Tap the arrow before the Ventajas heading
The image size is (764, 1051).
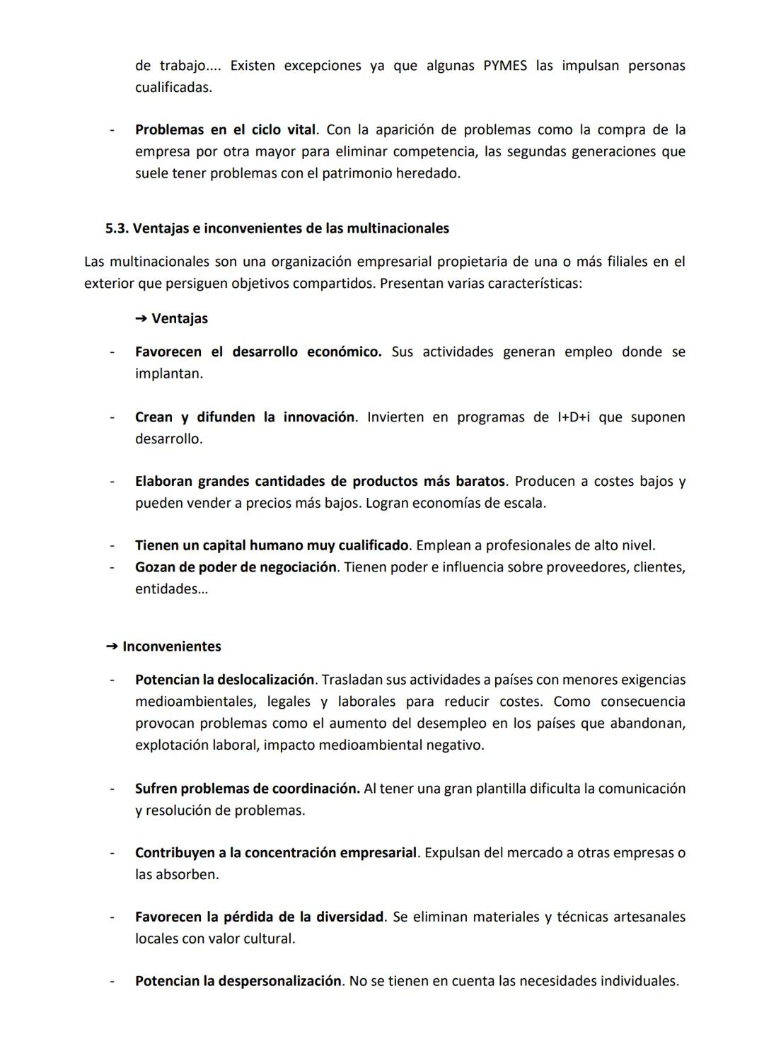[140, 319]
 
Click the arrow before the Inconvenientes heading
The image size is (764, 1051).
[111, 646]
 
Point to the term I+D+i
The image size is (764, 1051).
[571, 417]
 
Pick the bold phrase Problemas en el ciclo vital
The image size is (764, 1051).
[226, 130]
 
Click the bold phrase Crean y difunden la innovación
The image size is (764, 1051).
[245, 417]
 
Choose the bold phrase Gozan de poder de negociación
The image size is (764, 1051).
[236, 567]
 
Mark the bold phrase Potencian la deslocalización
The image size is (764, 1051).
[224, 680]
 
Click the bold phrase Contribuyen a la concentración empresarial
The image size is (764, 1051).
[276, 853]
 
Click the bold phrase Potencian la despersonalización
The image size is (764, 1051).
[238, 982]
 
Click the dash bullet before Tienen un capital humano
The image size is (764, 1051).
[112, 546]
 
